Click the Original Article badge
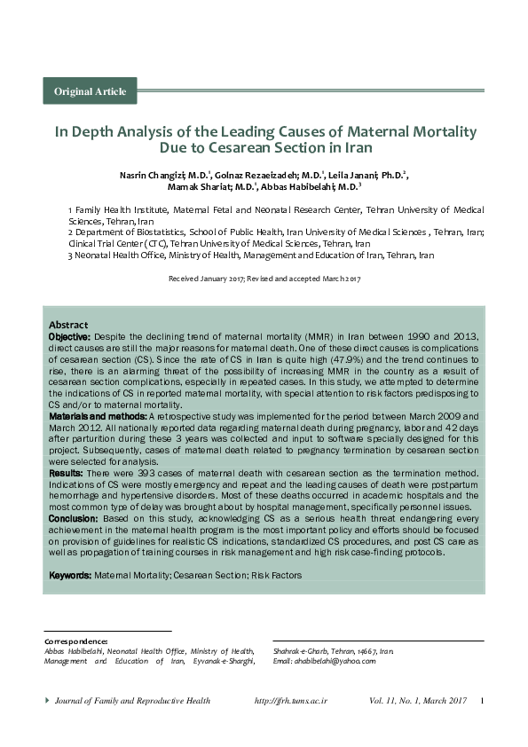[90, 91]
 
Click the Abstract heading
[68, 325]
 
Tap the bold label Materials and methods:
[98, 415]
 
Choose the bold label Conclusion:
[74, 517]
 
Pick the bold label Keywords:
[70, 575]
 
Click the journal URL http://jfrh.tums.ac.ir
[291, 701]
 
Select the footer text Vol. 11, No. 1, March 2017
[417, 701]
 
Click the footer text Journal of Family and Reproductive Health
[132, 701]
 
